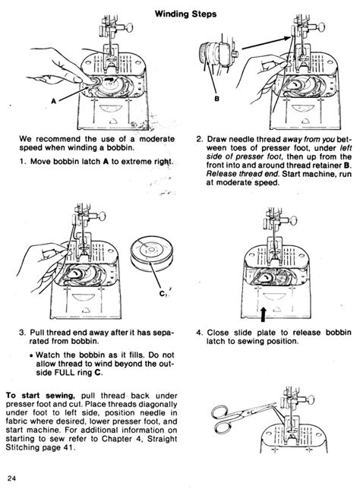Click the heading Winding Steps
coord(179,13)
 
